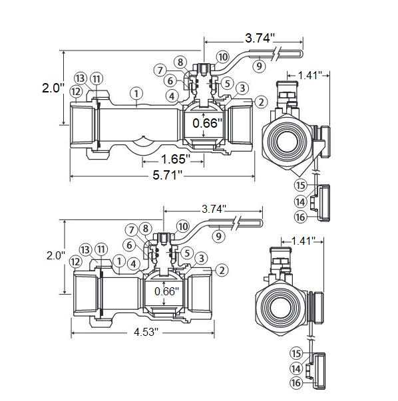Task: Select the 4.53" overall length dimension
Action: [145, 333]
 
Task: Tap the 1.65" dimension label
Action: [175, 159]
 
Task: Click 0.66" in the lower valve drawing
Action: [166, 291]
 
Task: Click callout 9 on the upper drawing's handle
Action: [259, 66]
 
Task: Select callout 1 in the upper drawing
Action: [136, 92]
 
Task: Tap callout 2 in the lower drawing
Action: [221, 269]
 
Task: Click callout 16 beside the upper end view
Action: [300, 216]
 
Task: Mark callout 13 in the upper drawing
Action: [81, 78]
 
